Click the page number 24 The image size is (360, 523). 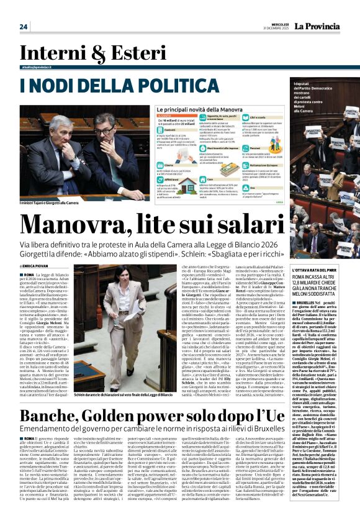(23, 26)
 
